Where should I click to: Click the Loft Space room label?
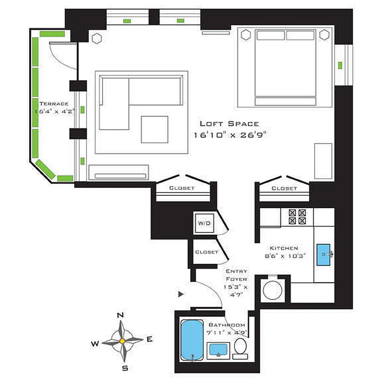(229, 123)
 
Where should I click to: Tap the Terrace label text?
(54, 103)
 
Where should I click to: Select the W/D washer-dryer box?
(205, 223)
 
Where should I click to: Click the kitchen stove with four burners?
(297, 217)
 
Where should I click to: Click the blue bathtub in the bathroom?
(192, 339)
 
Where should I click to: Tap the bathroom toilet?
(240, 349)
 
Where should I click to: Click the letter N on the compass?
(121, 315)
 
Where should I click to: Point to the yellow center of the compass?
(122, 341)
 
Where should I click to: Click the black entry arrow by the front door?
(180, 294)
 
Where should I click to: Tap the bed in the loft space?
(285, 68)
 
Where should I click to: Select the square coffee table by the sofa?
(154, 129)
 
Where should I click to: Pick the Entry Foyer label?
(236, 271)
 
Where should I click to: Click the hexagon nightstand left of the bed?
(246, 35)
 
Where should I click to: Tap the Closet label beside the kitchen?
(284, 188)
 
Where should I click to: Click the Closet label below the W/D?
(206, 252)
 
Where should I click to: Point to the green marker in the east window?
(340, 65)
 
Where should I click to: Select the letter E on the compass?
(149, 340)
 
